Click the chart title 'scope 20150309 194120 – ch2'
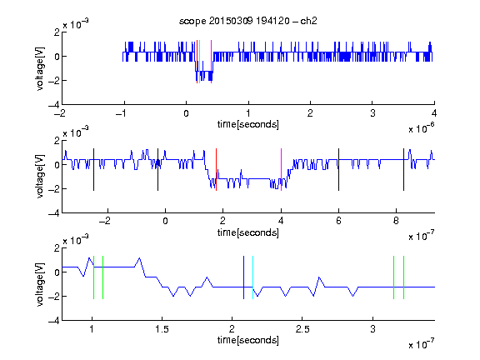tap(248, 21)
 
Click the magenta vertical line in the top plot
tap(211, 62)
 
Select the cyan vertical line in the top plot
tap(199, 62)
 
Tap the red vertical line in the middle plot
tap(216, 170)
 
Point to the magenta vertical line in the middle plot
tap(281, 170)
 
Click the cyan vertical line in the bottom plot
tap(252, 277)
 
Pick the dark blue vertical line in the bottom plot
tap(243, 277)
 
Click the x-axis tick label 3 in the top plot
tap(372, 113)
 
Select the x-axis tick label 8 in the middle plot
tap(396, 221)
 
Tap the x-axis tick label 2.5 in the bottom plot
tap(302, 329)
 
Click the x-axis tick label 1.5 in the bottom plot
tap(162, 329)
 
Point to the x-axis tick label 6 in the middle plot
tap(338, 221)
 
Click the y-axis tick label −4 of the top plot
tap(53, 105)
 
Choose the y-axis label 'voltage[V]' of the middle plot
tap(40, 177)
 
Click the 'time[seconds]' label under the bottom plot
tap(248, 340)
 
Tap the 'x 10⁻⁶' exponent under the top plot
tap(421, 128)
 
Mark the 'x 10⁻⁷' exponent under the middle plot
tap(421, 236)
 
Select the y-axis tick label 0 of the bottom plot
tap(57, 272)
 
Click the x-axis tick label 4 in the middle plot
tap(281, 221)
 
